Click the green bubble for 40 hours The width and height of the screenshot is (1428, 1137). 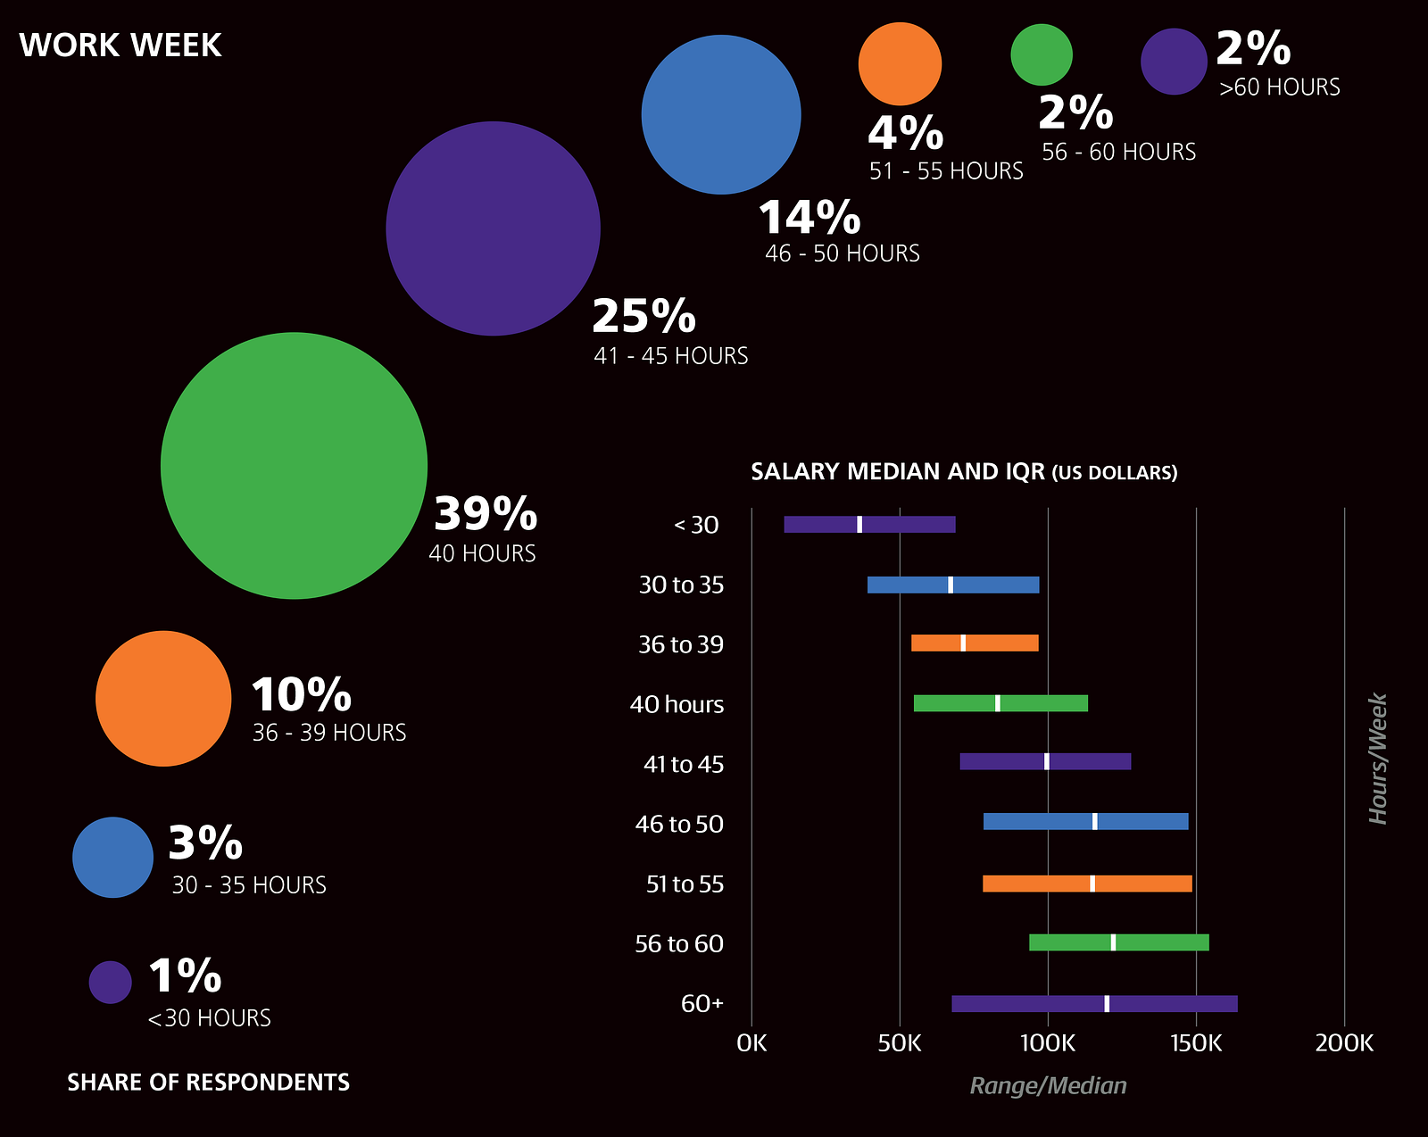294,465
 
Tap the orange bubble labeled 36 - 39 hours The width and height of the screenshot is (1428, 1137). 163,699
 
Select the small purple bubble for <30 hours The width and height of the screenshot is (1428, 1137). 111,982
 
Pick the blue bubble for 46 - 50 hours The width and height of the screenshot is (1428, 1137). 721,114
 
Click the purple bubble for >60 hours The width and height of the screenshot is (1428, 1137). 1174,62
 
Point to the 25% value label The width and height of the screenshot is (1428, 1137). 643,316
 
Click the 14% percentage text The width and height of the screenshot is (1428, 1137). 809,217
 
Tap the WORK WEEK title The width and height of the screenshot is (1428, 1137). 120,46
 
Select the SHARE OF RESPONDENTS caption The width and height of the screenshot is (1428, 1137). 209,1083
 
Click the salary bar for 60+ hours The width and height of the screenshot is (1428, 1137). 1026,1004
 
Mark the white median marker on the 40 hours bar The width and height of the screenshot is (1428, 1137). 998,703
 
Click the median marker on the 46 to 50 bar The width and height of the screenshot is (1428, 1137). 1095,822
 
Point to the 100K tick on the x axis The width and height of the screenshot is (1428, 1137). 1048,1043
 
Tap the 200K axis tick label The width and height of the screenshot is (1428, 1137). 1344,1043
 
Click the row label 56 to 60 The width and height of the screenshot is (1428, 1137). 679,944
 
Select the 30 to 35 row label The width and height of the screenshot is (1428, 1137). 681,585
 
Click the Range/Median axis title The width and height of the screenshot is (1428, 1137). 1048,1086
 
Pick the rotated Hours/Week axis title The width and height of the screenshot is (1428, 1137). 1379,759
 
